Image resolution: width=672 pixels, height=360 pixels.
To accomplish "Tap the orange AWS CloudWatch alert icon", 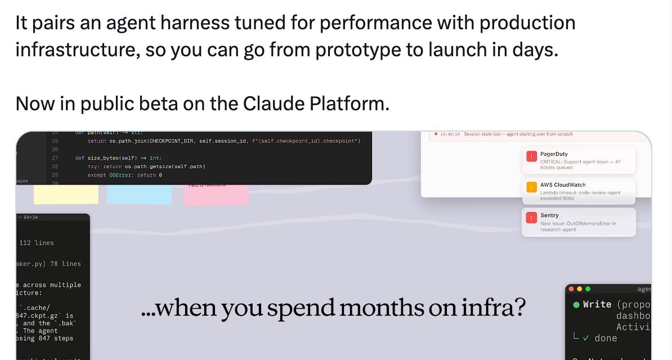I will click(531, 187).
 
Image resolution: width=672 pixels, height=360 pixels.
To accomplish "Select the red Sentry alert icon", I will click(531, 218).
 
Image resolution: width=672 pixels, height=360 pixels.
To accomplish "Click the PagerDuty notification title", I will click(554, 154).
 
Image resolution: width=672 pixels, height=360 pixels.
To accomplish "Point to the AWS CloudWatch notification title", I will click(563, 184).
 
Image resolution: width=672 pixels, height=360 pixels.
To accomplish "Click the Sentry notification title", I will click(549, 215).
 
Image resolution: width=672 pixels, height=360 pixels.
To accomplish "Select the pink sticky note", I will click(216, 195).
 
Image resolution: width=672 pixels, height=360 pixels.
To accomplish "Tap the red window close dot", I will click(572, 289).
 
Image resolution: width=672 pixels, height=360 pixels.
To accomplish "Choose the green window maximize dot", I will click(588, 289).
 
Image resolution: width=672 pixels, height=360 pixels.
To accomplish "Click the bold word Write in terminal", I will click(597, 304).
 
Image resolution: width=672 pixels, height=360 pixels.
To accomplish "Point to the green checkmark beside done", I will click(586, 338).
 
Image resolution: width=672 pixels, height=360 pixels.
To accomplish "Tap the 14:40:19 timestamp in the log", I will click(450, 134).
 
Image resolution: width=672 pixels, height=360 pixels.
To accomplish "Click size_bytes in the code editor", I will click(104, 158).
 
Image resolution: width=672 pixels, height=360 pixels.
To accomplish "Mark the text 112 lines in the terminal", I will click(37, 243).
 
